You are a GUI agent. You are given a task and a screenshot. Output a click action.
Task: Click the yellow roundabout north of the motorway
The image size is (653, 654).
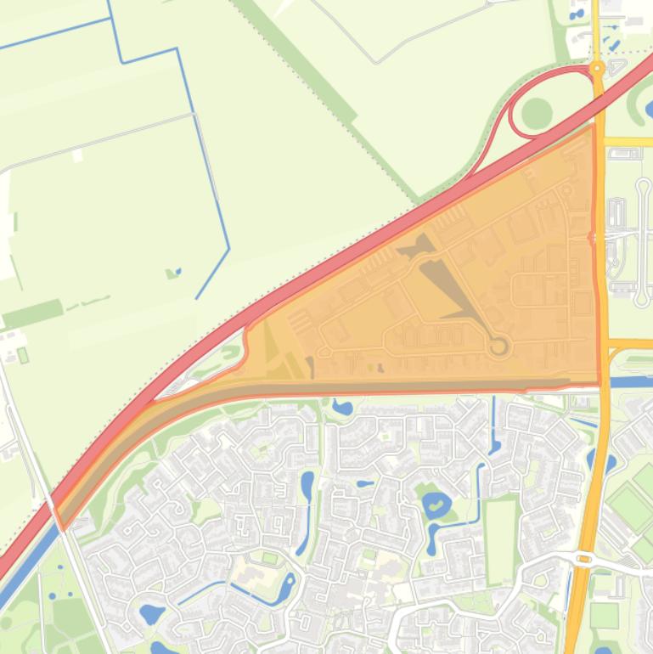[x=597, y=67]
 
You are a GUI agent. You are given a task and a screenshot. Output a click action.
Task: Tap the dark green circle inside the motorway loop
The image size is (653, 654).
[x=537, y=112]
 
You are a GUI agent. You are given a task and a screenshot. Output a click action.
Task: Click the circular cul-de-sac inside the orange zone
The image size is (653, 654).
[x=498, y=346]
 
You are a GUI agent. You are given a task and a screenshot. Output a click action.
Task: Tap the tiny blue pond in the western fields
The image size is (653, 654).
[x=174, y=273]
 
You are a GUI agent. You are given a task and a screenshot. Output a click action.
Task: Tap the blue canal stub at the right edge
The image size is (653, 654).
[x=633, y=381]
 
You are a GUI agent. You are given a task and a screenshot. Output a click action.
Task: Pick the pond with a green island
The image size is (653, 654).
[x=436, y=505]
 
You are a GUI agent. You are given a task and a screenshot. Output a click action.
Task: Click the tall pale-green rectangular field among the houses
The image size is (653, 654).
[x=500, y=539]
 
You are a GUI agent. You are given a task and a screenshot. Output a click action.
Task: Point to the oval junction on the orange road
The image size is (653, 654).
[x=584, y=558]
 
